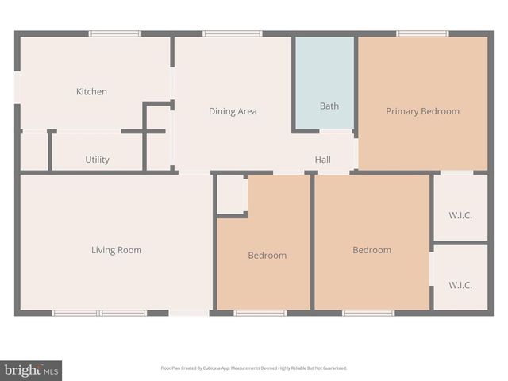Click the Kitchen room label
(x=91, y=92)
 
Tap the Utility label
(x=97, y=160)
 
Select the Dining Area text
(x=233, y=112)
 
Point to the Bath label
(x=329, y=106)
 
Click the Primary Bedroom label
(x=422, y=112)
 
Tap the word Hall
(x=322, y=160)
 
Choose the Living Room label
(x=116, y=251)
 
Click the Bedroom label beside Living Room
(x=267, y=256)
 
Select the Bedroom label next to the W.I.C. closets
(x=371, y=251)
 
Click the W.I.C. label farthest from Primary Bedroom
(x=460, y=285)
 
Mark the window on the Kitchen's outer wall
(x=114, y=33)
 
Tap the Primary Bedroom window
(x=422, y=33)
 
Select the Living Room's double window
(x=99, y=313)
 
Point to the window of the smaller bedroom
(x=260, y=313)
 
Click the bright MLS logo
(x=32, y=370)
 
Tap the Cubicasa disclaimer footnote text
(x=254, y=368)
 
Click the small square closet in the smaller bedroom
(x=231, y=194)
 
